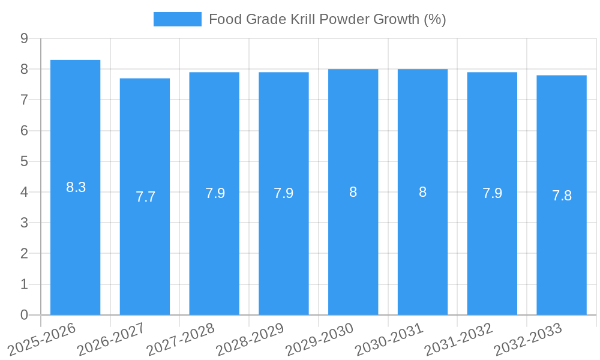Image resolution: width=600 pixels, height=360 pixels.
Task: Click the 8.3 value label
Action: [76, 187]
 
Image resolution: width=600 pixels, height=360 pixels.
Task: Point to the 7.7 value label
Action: [145, 197]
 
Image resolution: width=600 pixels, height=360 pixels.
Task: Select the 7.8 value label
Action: [562, 196]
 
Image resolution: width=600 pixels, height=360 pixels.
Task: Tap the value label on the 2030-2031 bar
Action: [422, 192]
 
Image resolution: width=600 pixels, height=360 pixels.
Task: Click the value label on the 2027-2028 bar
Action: [215, 193]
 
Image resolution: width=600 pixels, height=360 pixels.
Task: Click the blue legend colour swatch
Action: [177, 19]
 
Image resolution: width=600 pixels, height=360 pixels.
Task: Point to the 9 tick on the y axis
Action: [24, 38]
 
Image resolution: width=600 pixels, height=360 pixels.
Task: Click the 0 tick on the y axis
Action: [24, 315]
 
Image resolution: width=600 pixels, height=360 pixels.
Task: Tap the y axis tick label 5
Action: [24, 161]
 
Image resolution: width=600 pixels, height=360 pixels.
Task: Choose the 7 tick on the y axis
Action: [24, 100]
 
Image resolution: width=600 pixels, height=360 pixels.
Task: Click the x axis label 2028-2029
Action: [251, 339]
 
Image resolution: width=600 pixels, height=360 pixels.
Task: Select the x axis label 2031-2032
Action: [459, 339]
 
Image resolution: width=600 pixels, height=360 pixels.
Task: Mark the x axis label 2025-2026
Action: [42, 339]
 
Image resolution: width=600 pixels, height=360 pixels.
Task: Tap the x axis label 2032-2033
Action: [529, 339]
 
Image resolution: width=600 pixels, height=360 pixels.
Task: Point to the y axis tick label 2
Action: [24, 254]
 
